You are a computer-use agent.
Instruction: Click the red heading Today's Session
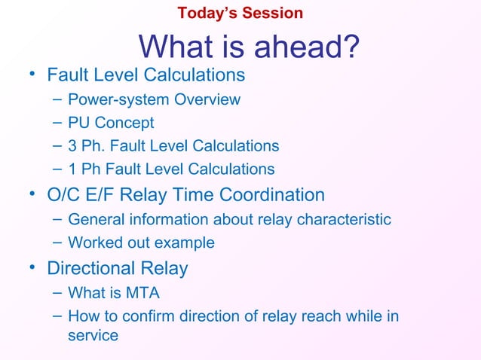240,13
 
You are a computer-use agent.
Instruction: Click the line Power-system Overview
154,99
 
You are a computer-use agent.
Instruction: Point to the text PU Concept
111,123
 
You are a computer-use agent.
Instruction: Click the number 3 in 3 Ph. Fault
72,146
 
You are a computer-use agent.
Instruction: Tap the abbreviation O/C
65,195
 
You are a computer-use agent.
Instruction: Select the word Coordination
271,195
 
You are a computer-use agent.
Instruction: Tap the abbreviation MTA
143,292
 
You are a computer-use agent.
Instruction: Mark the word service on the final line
93,336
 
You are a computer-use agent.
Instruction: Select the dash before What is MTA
58,292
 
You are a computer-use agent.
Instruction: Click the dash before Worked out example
58,243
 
